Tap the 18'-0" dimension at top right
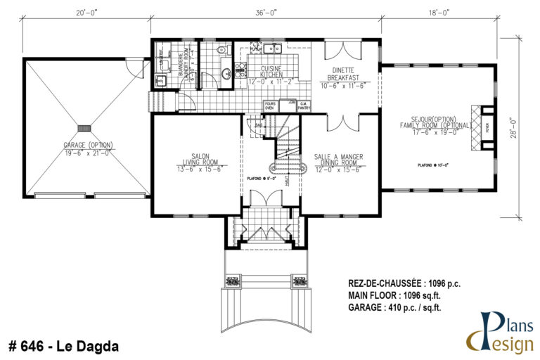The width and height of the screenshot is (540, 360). coord(437,11)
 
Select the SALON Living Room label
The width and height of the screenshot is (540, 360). coord(196,163)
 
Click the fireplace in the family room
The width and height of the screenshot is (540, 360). coord(484,128)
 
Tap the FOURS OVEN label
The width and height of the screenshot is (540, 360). coord(269,105)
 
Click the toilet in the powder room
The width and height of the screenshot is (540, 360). coord(221,51)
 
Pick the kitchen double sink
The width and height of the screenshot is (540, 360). coord(273,49)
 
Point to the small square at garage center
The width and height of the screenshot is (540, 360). coord(85,128)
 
